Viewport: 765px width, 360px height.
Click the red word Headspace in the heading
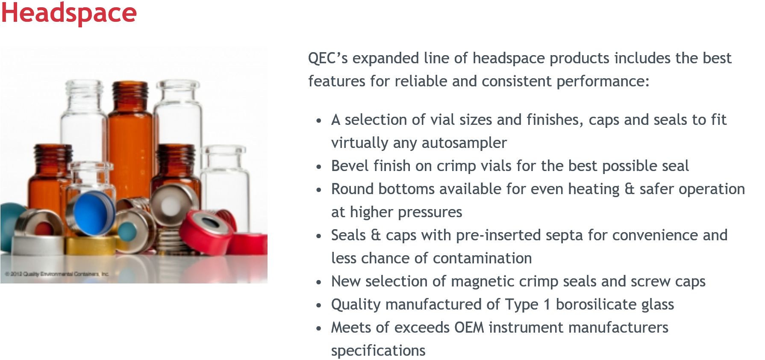pyautogui.click(x=69, y=13)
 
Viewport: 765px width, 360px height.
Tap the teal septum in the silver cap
pyautogui.click(x=127, y=231)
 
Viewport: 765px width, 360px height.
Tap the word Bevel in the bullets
pyautogui.click(x=350, y=166)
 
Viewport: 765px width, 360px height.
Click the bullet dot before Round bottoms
pyautogui.click(x=319, y=190)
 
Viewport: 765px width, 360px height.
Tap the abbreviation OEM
pyautogui.click(x=469, y=328)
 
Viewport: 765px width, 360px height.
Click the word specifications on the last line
pyautogui.click(x=378, y=351)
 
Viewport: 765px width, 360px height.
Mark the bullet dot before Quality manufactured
pyautogui.click(x=319, y=305)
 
